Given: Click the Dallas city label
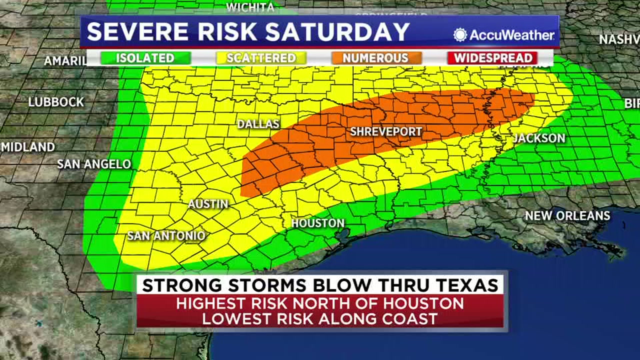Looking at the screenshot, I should pyautogui.click(x=258, y=123).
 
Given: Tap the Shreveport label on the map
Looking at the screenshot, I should pyautogui.click(x=386, y=132).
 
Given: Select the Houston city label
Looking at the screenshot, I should pyautogui.click(x=318, y=223).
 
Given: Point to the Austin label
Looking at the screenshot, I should pyautogui.click(x=208, y=204).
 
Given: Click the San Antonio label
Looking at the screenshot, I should pyautogui.click(x=166, y=235).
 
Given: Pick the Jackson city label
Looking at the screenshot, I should pyautogui.click(x=539, y=138).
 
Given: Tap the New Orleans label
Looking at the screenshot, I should pyautogui.click(x=567, y=216).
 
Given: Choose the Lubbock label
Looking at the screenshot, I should pyautogui.click(x=56, y=102).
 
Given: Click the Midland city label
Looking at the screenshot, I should pyautogui.click(x=28, y=147).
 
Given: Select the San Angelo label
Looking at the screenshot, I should pyautogui.click(x=94, y=164).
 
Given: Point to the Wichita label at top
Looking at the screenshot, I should pyautogui.click(x=250, y=7).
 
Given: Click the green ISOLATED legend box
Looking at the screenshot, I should pyautogui.click(x=145, y=58).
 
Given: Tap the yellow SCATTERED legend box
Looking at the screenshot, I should pyautogui.click(x=261, y=58).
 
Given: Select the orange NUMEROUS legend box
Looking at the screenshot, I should pyautogui.click(x=375, y=58).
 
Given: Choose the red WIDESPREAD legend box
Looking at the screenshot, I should pyautogui.click(x=492, y=58).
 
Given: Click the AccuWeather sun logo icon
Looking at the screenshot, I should pyautogui.click(x=459, y=35).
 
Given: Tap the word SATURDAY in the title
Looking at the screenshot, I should pyautogui.click(x=337, y=32).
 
